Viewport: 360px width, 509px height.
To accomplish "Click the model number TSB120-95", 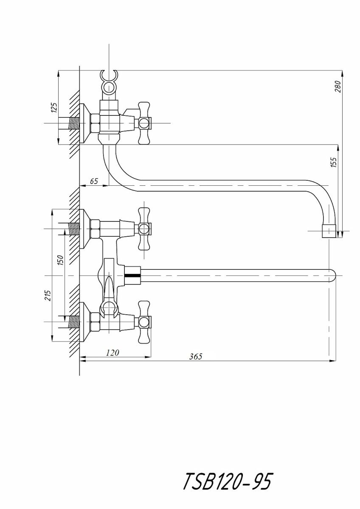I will [227, 482].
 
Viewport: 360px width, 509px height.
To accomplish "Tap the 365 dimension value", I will [196, 356].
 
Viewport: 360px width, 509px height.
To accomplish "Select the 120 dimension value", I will [113, 352].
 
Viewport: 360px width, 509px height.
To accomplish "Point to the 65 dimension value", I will [94, 181].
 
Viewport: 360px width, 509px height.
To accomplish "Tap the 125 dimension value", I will [53, 107].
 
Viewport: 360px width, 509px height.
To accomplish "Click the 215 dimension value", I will [48, 295].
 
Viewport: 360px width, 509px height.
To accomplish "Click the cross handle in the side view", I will [144, 123].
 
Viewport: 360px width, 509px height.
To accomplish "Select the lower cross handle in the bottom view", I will [144, 322].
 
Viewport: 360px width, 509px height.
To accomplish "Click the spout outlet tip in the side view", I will [330, 231].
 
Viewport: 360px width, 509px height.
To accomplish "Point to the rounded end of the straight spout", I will [332, 275].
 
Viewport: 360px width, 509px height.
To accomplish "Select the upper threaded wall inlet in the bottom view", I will [74, 229].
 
